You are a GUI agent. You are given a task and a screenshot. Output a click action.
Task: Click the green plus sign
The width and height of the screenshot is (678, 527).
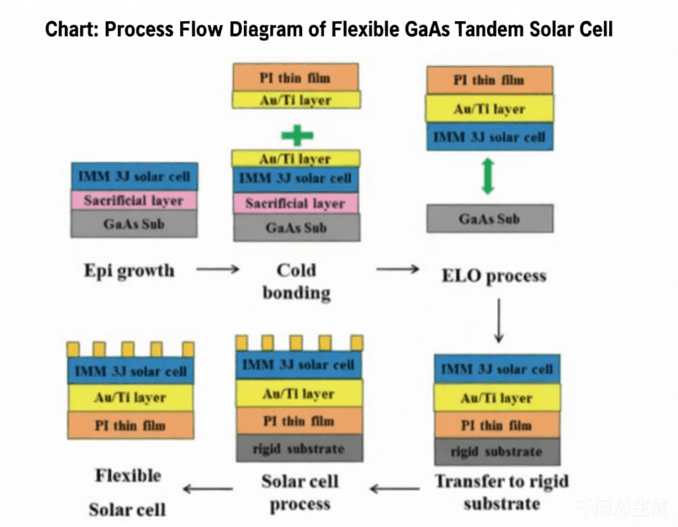pos(297,135)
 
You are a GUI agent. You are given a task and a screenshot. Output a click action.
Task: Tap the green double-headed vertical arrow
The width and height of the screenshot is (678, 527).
pos(488,177)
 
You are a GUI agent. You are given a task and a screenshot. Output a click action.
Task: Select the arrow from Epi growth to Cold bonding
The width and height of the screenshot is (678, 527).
pos(217,270)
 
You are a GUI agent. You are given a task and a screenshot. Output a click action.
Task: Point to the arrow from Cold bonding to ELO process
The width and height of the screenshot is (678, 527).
pos(397,270)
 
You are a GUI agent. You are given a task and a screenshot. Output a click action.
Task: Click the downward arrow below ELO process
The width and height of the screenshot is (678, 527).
pos(499,320)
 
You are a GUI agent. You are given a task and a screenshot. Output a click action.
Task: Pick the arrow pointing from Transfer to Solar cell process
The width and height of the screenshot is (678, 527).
pos(395,489)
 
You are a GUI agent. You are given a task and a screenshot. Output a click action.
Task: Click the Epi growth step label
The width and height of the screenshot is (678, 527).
pos(129,271)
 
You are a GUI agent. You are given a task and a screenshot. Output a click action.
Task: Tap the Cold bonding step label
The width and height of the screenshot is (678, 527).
pos(296,281)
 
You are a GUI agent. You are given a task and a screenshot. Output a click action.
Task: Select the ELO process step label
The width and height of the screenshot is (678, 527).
pos(494,275)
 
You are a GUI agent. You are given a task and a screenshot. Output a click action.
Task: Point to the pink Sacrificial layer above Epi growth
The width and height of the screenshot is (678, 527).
pos(134,201)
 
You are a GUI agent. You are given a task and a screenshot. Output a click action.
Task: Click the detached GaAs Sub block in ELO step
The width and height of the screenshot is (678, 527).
pos(489,218)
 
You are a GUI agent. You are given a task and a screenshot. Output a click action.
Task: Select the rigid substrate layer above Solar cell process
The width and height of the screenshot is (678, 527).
pos(299,449)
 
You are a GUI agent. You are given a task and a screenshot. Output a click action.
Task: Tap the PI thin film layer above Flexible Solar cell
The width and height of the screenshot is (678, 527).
pos(130,425)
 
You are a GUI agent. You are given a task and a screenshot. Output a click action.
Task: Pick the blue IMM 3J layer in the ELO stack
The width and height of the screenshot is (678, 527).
pos(489,138)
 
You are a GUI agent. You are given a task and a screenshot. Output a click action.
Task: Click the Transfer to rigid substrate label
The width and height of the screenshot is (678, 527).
pos(501,492)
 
